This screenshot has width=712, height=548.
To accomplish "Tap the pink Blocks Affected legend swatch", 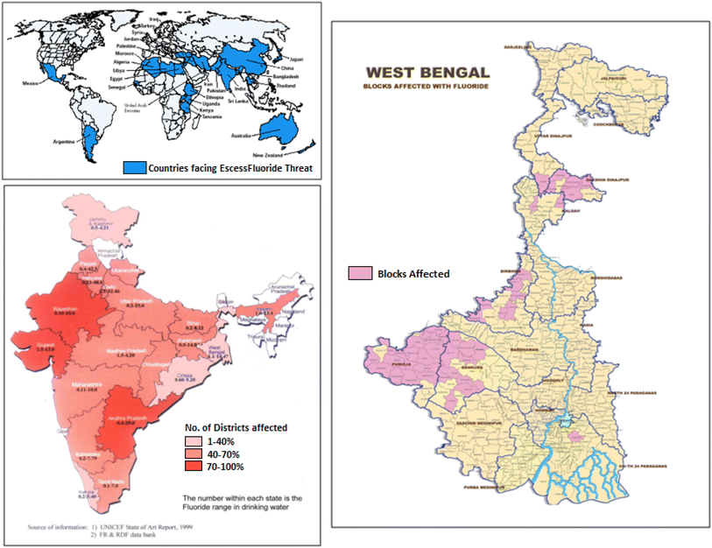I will (360, 273).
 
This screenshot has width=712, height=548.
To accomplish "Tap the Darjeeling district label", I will (518, 46).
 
